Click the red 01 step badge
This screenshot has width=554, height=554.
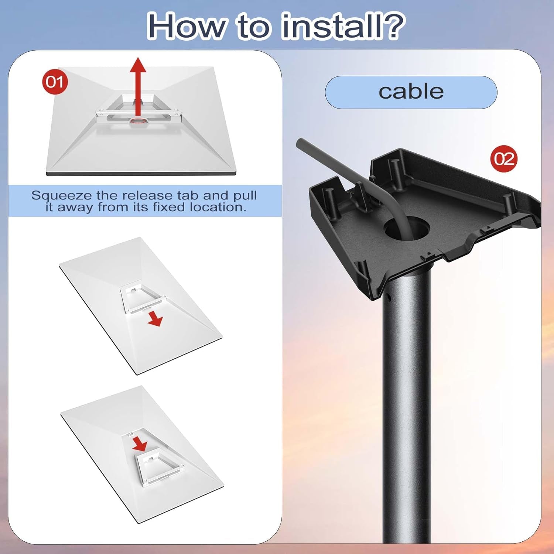55,82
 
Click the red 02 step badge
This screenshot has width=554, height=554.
504,159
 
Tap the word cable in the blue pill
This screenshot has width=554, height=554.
411,92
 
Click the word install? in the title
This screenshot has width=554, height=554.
342,26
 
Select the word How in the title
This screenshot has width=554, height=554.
186,26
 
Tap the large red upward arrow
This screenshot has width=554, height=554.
138,85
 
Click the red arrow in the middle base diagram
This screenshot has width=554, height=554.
155,319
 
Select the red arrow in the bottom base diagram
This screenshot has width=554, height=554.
140,443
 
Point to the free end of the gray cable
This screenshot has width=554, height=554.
300,142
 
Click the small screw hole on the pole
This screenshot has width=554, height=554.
387,296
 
